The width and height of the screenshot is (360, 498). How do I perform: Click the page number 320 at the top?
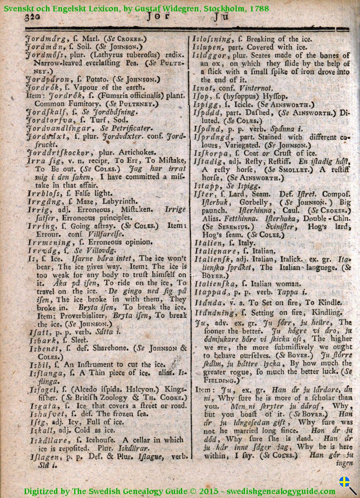coord(33,17)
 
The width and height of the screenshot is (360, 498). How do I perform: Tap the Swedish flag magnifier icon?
coord(347,485)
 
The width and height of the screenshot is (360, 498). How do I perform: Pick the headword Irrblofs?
coord(42,193)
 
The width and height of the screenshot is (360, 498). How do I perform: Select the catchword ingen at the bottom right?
coord(345,464)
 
